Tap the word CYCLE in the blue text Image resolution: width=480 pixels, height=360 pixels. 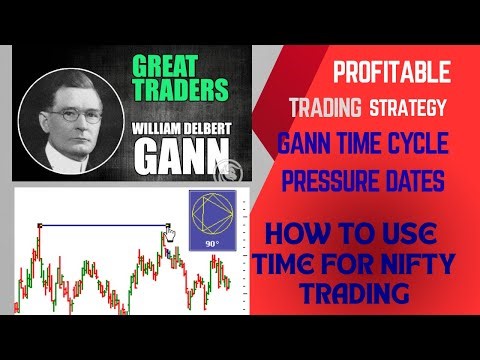(412, 144)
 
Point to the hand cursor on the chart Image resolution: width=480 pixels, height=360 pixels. (170, 236)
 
